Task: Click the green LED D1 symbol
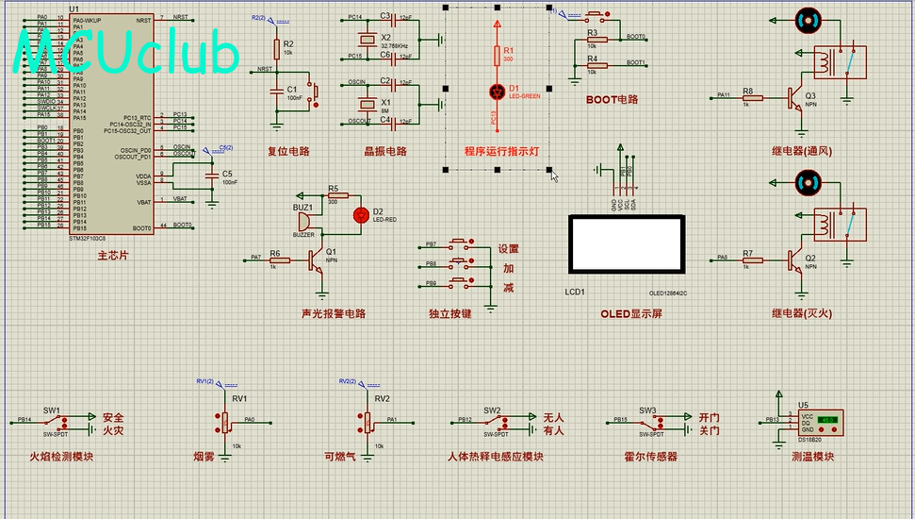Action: coord(497,92)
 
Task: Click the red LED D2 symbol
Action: coord(359,215)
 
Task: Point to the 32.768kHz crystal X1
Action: coord(366,39)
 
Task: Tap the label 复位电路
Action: coord(288,151)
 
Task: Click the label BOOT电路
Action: coord(612,99)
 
